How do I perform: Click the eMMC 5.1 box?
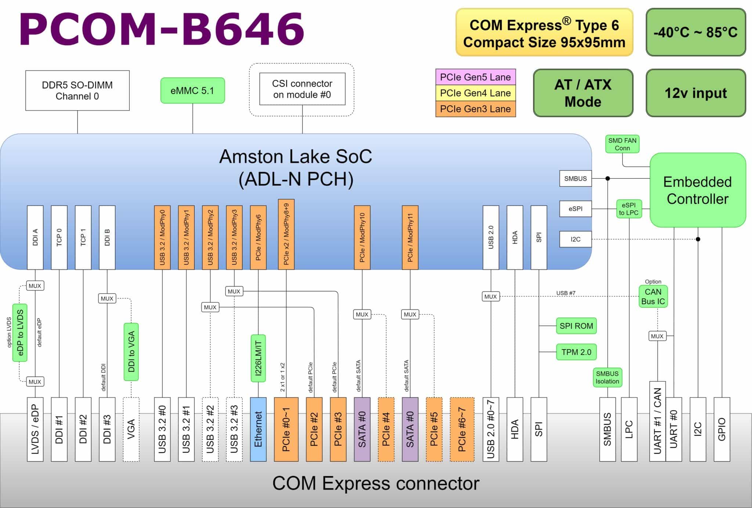pyautogui.click(x=192, y=91)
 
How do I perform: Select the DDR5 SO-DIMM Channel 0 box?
pyautogui.click(x=77, y=91)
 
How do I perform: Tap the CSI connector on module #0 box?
pyautogui.click(x=302, y=89)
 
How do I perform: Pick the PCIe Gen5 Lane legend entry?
pyautogui.click(x=475, y=77)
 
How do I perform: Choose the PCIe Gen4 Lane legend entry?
pyautogui.click(x=475, y=93)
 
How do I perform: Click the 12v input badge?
pyautogui.click(x=695, y=93)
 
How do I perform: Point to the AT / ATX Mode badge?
pyautogui.click(x=583, y=93)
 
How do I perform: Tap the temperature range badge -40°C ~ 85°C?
pyautogui.click(x=695, y=32)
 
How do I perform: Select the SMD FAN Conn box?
pyautogui.click(x=622, y=144)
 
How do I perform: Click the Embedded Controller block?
pyautogui.click(x=697, y=190)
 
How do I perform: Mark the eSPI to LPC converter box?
pyautogui.click(x=629, y=209)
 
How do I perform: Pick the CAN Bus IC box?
pyautogui.click(x=653, y=297)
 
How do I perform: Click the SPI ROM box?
pyautogui.click(x=576, y=326)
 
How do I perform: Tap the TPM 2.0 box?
pyautogui.click(x=576, y=352)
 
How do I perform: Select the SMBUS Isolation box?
pyautogui.click(x=607, y=377)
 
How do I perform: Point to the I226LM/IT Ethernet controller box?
pyautogui.click(x=258, y=358)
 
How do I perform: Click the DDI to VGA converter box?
pyautogui.click(x=131, y=352)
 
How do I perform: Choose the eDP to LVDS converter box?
pyautogui.click(x=20, y=333)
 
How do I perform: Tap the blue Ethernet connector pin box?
pyautogui.click(x=258, y=429)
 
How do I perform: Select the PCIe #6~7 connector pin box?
pyautogui.click(x=462, y=429)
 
